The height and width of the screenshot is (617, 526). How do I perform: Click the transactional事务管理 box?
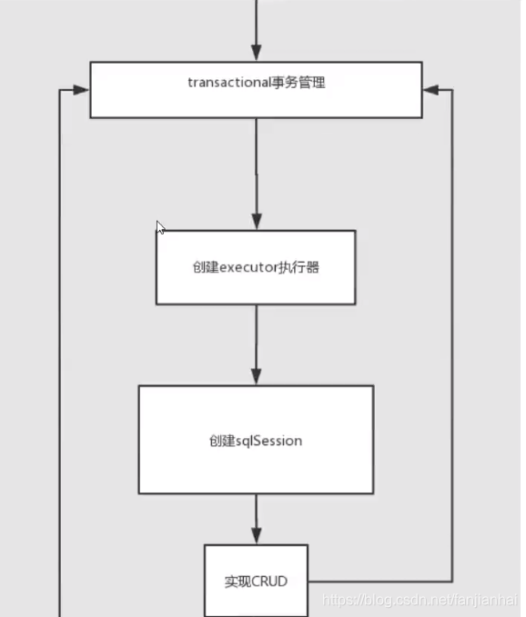[x=256, y=89]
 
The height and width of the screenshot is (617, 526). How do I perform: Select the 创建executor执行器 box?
[x=256, y=267]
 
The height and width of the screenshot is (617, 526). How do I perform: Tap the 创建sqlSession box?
[x=256, y=440]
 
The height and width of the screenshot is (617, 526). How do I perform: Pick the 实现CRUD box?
[x=256, y=580]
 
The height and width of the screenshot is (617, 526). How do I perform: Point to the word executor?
[x=247, y=268]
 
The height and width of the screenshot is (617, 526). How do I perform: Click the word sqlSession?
[x=269, y=441]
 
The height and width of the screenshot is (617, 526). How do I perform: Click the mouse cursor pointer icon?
[x=160, y=227]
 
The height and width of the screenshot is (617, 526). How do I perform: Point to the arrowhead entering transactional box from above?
[x=256, y=54]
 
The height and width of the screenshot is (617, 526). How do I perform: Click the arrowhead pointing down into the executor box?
[x=256, y=222]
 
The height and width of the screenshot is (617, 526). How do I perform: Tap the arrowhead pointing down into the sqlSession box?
[x=256, y=377]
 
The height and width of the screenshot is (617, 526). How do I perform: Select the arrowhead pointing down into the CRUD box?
[x=256, y=536]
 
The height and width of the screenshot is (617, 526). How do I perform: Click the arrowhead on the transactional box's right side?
[x=430, y=90]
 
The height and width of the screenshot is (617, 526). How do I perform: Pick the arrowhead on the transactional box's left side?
[x=81, y=90]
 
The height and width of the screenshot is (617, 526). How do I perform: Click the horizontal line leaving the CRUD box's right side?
[x=379, y=581]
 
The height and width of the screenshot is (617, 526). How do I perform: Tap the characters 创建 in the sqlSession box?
[x=221, y=441]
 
